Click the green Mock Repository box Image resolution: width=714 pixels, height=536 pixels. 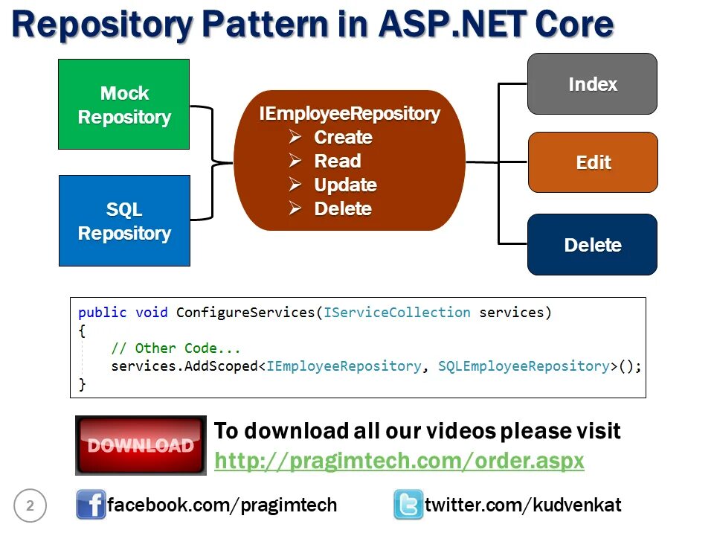tap(124, 105)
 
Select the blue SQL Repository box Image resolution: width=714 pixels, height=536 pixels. tap(124, 221)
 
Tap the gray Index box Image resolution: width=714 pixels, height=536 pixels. tap(592, 84)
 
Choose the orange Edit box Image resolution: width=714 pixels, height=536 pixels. tap(593, 162)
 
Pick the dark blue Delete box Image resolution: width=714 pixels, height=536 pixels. tap(592, 245)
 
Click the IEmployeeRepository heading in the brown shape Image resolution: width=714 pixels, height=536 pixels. tap(350, 114)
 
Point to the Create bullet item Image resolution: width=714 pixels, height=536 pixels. tap(343, 138)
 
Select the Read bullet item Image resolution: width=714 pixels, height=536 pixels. tap(337, 162)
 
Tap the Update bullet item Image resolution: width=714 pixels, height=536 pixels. tap(345, 185)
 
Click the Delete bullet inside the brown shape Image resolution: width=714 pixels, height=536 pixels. tap(342, 209)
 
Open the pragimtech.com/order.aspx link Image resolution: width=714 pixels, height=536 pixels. tap(399, 461)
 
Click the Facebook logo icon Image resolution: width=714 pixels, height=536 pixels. tap(91, 505)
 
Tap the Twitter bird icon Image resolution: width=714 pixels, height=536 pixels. tap(408, 505)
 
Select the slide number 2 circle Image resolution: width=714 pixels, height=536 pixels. tap(30, 506)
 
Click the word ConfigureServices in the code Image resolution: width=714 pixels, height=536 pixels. tap(245, 313)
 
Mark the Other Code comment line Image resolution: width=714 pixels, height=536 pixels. tap(176, 348)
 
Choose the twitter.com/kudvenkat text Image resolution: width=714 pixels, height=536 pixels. tap(523, 505)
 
